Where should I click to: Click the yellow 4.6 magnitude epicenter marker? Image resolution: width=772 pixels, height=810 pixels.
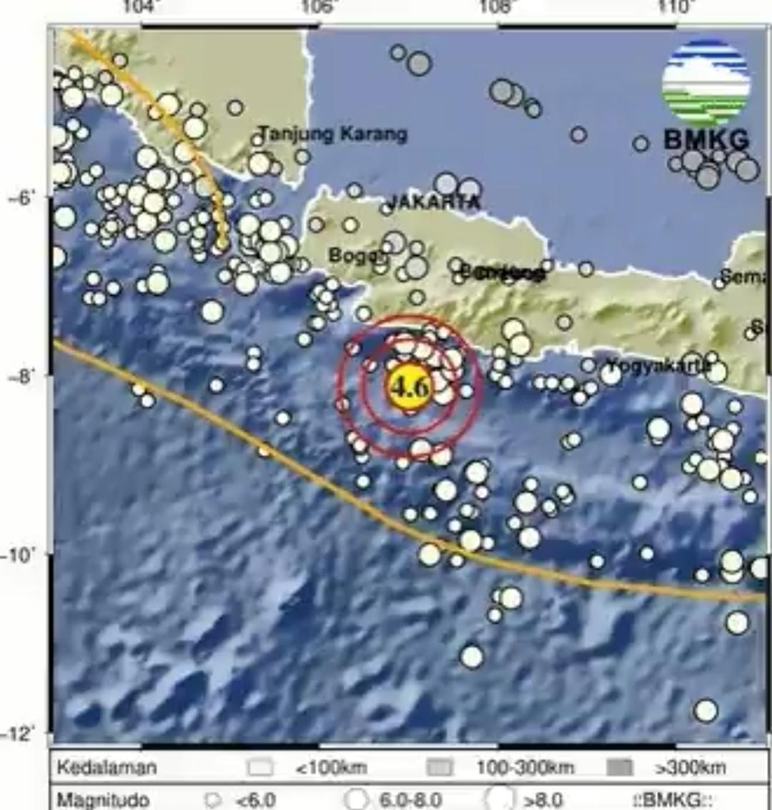(409, 387)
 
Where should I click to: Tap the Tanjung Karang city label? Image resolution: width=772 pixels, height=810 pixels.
(332, 134)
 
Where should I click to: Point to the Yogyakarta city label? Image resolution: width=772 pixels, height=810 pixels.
(658, 367)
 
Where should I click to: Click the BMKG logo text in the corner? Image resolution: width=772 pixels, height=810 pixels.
(706, 139)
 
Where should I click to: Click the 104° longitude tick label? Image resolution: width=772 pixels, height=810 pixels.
(143, 7)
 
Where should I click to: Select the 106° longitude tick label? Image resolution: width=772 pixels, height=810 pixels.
(320, 7)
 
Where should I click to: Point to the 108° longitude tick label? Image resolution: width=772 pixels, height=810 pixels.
(498, 7)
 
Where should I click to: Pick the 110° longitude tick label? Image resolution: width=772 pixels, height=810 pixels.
(676, 7)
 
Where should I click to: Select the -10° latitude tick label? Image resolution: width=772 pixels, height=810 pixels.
(17, 554)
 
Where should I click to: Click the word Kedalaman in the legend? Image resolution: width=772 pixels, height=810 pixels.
(106, 768)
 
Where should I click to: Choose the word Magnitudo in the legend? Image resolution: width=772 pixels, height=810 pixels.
(103, 799)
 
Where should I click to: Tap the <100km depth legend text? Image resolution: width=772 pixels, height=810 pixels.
(331, 768)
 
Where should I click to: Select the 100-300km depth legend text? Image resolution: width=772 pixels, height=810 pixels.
(525, 768)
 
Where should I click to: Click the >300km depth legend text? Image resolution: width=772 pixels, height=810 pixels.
(691, 768)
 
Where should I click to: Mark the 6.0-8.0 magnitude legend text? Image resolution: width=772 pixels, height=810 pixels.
(410, 800)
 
